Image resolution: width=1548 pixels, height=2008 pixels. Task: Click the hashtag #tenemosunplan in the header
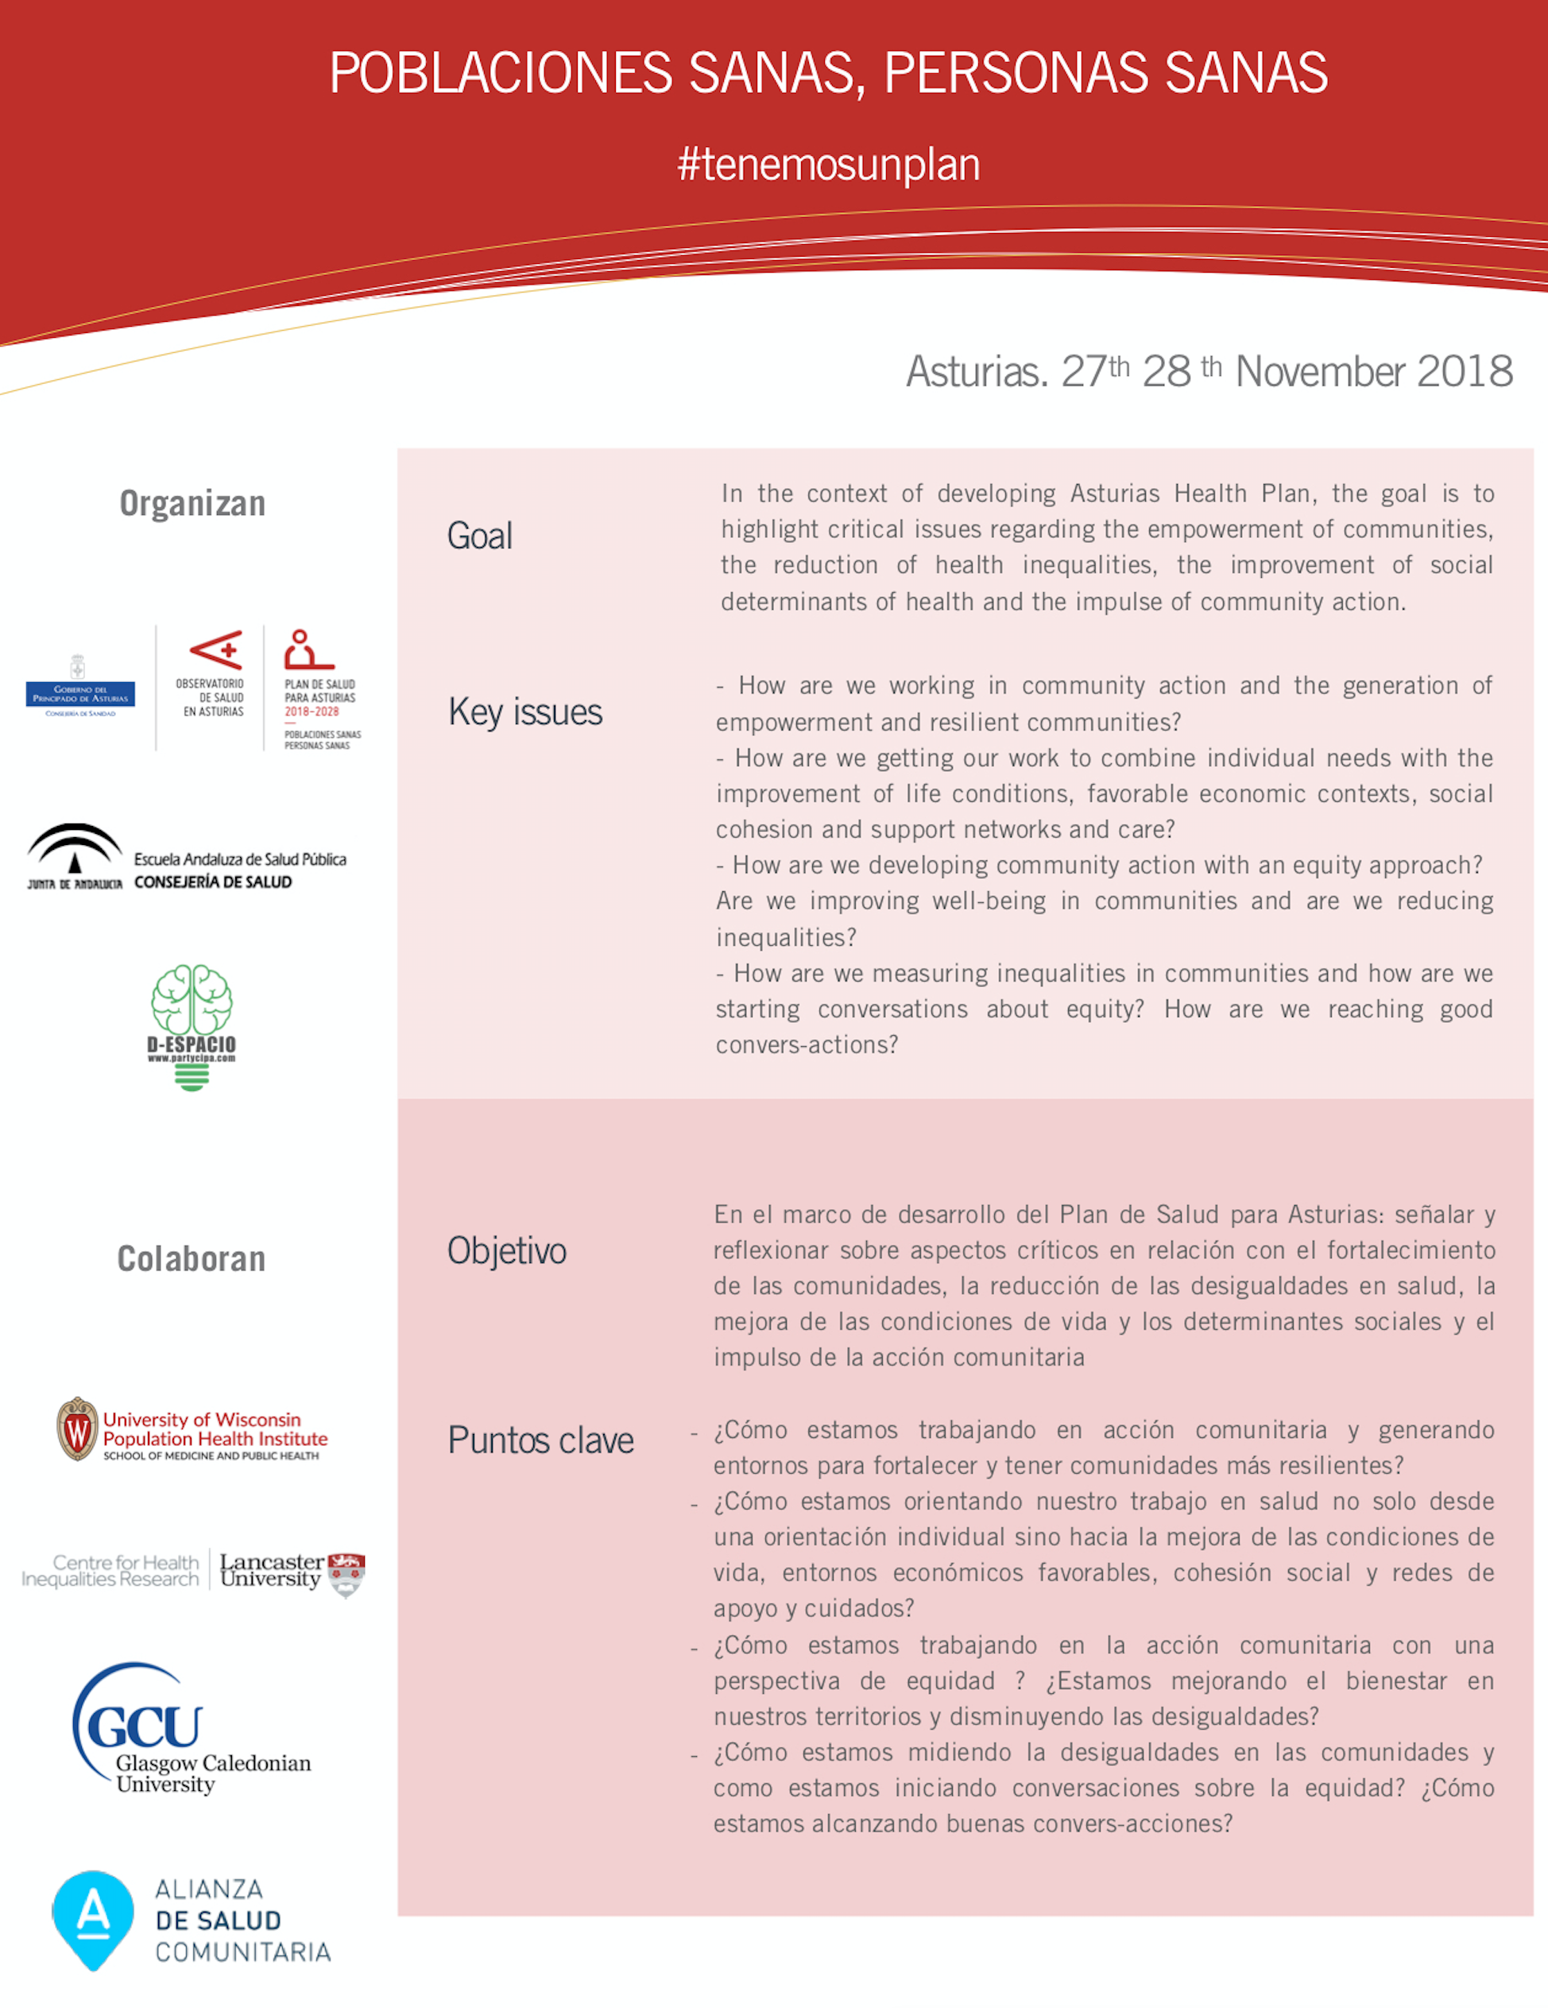pos(828,165)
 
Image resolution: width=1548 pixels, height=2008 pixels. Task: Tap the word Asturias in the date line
pos(976,372)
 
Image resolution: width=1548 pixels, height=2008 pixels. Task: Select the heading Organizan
pos(192,504)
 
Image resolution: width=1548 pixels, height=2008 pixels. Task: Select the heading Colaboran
pos(192,1258)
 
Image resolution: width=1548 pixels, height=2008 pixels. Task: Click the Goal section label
pos(479,536)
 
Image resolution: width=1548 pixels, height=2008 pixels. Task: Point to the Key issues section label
pos(525,712)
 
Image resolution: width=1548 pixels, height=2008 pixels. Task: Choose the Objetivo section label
pos(506,1251)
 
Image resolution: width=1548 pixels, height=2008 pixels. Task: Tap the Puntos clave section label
pos(540,1440)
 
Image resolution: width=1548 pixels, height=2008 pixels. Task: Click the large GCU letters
pos(145,1727)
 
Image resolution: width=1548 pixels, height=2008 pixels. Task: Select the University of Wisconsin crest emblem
pos(77,1428)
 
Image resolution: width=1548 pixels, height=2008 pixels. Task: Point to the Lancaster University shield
pos(346,1573)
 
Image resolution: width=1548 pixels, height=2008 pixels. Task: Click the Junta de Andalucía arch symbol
pos(75,847)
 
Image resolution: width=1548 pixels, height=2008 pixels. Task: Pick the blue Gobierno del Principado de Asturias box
pos(80,694)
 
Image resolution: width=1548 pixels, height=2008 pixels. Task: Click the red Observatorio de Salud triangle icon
pos(217,650)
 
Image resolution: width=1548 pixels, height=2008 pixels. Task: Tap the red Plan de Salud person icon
pos(306,649)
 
